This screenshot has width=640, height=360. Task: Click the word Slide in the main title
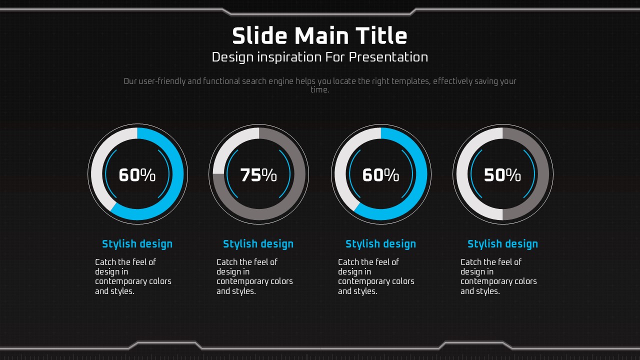tap(259, 35)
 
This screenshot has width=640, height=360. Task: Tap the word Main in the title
tap(321, 36)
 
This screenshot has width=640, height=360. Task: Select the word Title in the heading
tap(381, 35)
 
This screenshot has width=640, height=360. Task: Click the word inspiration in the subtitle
tap(289, 57)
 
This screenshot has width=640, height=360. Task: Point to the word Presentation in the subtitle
tap(388, 57)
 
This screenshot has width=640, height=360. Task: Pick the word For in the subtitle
tap(335, 57)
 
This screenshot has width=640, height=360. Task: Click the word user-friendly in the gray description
tap(162, 81)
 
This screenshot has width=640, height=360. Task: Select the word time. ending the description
tap(320, 89)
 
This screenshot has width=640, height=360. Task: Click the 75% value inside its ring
tap(258, 175)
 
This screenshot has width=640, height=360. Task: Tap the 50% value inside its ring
tap(502, 175)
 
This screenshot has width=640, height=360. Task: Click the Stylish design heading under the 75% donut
tap(258, 244)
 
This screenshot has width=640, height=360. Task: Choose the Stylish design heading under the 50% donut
tap(502, 244)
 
